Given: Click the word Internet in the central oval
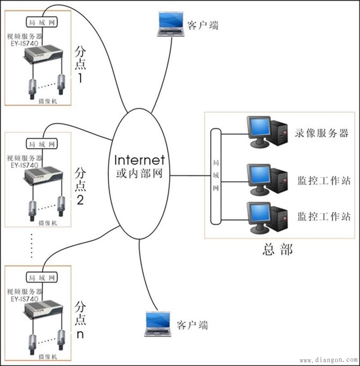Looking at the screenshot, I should tap(140, 160).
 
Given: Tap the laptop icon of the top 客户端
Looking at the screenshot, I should tap(171, 24).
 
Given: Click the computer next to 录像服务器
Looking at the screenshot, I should tap(266, 131).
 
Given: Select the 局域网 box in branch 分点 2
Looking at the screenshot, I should tap(41, 143).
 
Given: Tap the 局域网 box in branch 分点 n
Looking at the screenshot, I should tap(41, 278).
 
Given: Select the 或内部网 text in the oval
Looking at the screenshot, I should tap(139, 175).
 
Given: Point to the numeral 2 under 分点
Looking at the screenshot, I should tap(80, 200).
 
